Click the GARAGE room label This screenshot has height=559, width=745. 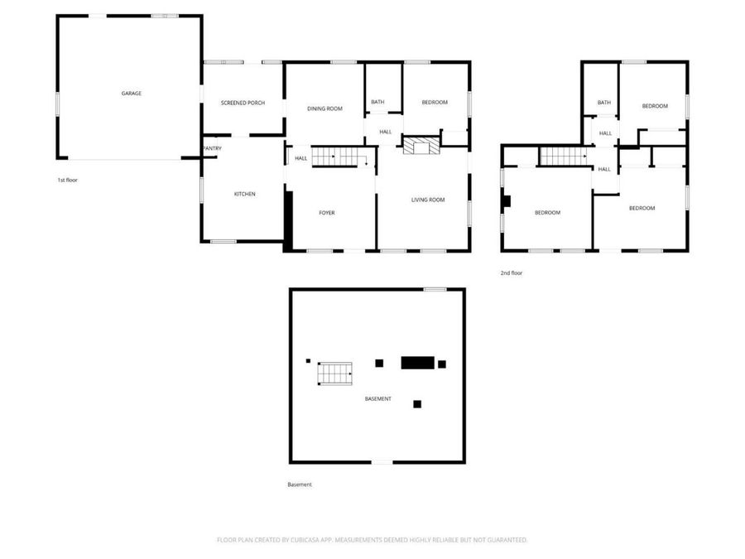[132, 94]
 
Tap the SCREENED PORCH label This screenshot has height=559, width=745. [243, 104]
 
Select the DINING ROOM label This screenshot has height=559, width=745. [325, 108]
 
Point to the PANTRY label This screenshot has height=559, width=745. [213, 149]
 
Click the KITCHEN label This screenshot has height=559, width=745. [245, 194]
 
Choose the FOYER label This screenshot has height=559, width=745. [327, 213]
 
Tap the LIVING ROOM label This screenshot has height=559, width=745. [428, 200]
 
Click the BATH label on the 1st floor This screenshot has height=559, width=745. [377, 102]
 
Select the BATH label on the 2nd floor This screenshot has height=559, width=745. [604, 103]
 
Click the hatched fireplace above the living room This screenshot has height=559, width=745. [421, 145]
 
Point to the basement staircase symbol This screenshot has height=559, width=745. [335, 373]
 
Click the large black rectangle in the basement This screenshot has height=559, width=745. [418, 363]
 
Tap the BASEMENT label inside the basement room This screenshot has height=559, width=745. [378, 399]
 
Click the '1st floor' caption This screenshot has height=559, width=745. [68, 181]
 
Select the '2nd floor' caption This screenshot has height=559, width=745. [512, 273]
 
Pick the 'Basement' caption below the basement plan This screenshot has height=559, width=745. [300, 484]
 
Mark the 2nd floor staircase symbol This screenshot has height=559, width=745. [564, 157]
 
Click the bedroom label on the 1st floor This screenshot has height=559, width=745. [435, 103]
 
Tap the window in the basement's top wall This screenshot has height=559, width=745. [435, 290]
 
